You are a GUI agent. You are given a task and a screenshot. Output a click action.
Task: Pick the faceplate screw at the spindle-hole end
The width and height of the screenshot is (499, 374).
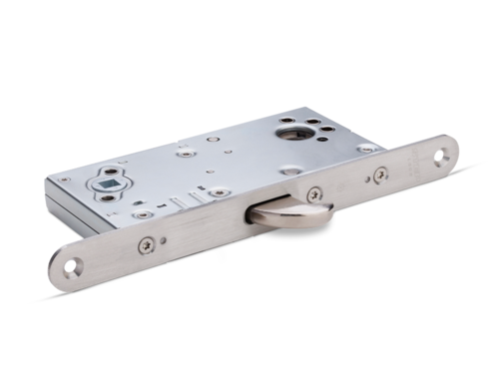147,242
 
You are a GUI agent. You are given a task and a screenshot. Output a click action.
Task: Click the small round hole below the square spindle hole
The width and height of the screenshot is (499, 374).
107,197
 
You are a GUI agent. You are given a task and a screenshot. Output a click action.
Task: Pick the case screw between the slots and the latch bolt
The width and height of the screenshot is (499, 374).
218,191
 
